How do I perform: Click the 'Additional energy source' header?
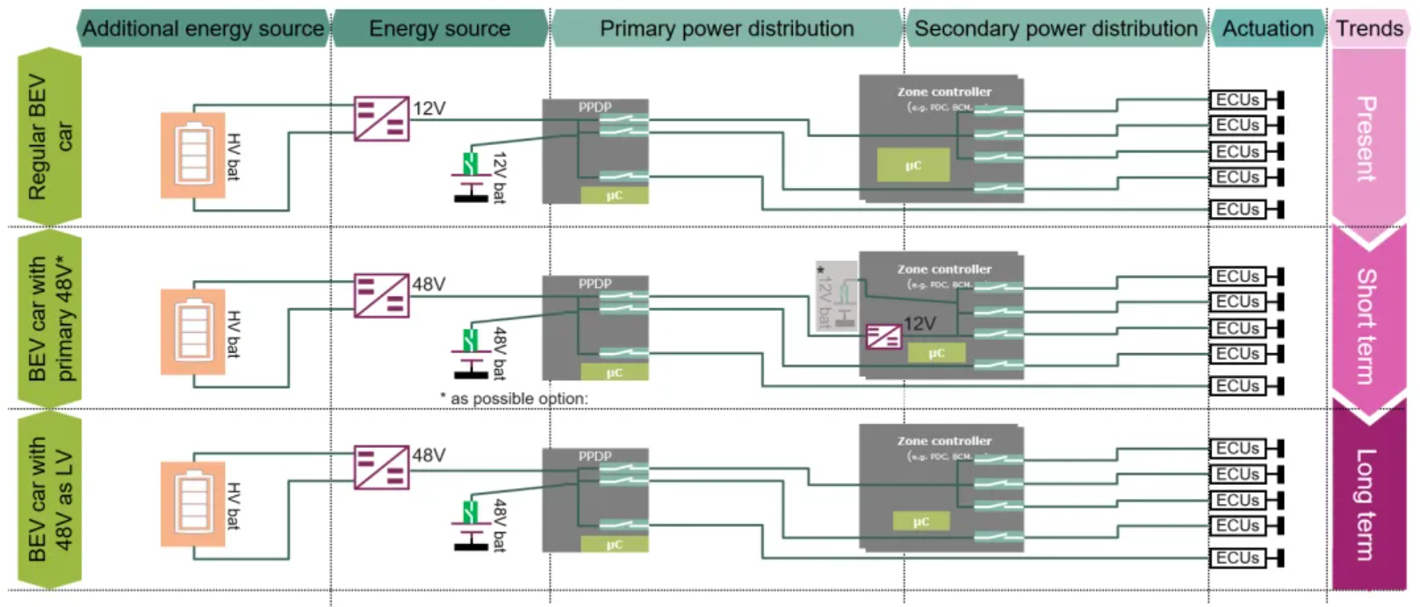coord(203,29)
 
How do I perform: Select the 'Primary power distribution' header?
coord(726,29)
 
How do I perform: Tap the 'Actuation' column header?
coord(1267,29)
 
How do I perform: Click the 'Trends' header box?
coord(1369,29)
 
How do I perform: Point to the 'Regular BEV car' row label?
coord(49,137)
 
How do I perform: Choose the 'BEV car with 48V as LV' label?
coord(49,500)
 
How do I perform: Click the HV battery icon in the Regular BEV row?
coord(193,155)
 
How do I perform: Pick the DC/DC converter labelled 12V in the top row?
coord(381,119)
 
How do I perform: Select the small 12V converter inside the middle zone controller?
coord(883,336)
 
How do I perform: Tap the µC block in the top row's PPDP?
coord(614,195)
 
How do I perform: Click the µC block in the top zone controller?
coord(913,165)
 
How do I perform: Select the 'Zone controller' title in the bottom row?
coord(944,441)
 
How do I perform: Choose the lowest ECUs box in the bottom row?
coord(1238,558)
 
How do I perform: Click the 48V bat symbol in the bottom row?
coord(472,524)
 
